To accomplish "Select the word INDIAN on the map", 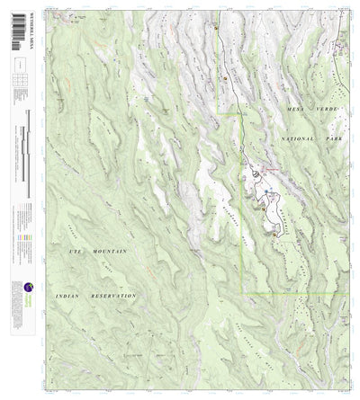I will [74, 295].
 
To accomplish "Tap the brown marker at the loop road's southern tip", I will [272, 232].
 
